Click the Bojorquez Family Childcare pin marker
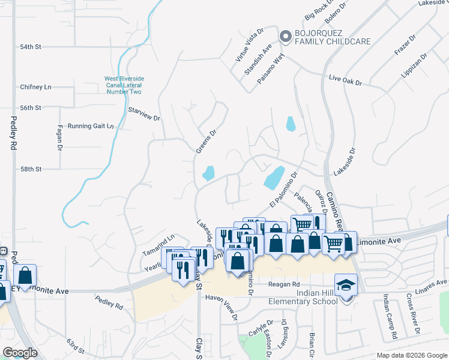[285, 35]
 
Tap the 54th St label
[30, 46]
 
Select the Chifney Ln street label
[35, 87]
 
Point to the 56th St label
[30, 108]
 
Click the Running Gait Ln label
[90, 126]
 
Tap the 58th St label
[30, 170]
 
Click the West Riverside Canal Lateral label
[124, 85]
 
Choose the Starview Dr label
[145, 115]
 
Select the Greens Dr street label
[205, 142]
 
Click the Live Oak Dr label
[346, 80]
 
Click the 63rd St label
[76, 346]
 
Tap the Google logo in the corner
[20, 353]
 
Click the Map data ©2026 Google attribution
[411, 355]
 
